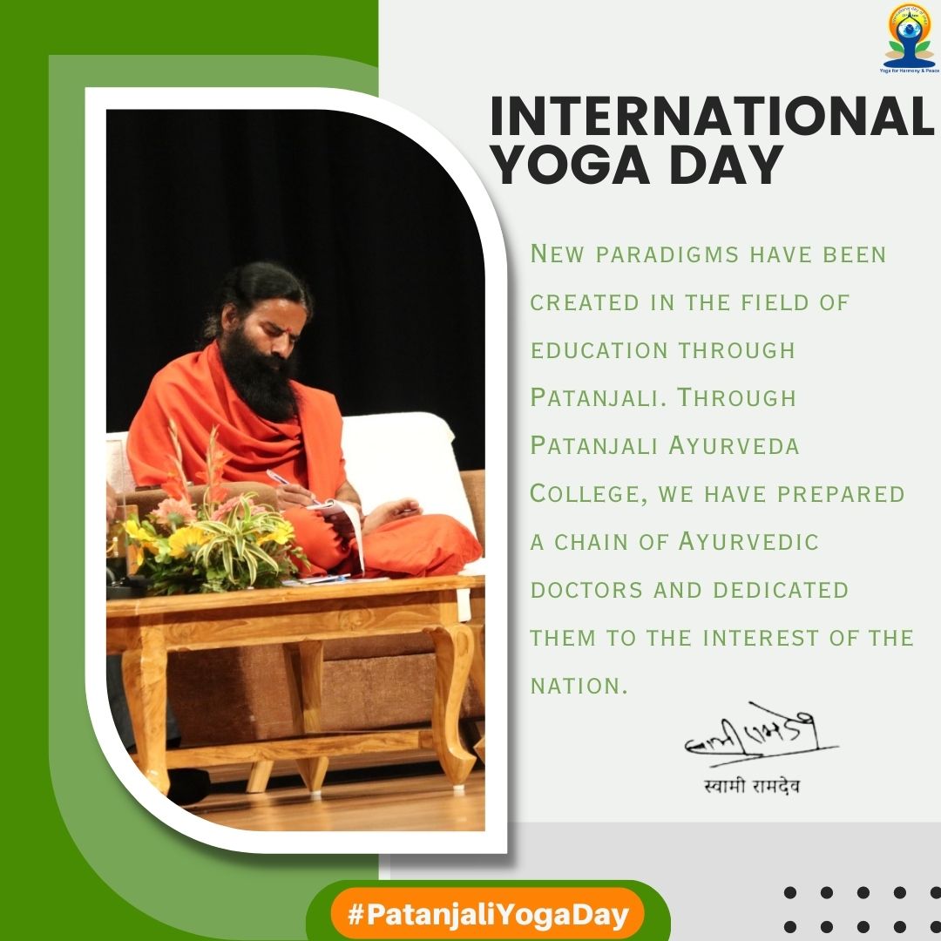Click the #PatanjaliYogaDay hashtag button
click(x=488, y=916)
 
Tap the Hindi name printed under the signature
click(x=752, y=788)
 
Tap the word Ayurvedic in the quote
click(x=748, y=542)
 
